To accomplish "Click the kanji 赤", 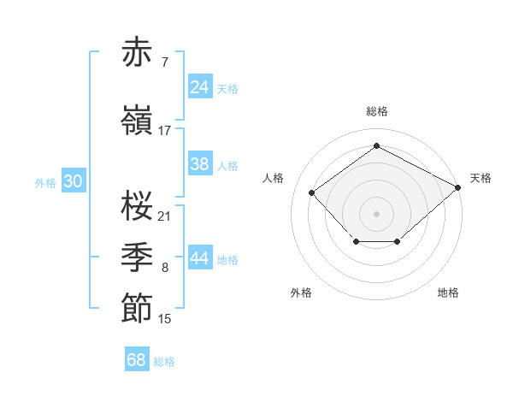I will (x=138, y=53).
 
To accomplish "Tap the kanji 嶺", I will (x=138, y=119).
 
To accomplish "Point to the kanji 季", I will (x=138, y=256).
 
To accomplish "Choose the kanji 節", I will (x=138, y=307).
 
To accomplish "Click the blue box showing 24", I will (x=200, y=87).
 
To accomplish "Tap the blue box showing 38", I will (x=200, y=164).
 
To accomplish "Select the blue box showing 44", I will (x=200, y=258).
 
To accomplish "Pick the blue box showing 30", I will (x=73, y=181).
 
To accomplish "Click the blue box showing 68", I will (x=137, y=360).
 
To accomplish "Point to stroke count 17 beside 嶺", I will (x=165, y=130).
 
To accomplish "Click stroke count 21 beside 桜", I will (x=165, y=216).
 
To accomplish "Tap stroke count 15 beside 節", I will (x=165, y=319).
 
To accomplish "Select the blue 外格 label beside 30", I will (x=45, y=182).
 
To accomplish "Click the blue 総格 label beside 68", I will (x=164, y=362).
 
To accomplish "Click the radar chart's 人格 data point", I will (x=312, y=192).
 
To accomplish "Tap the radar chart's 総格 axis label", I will (x=377, y=111).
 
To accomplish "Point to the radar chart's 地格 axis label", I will (x=448, y=293).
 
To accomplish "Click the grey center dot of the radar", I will (x=376, y=213).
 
